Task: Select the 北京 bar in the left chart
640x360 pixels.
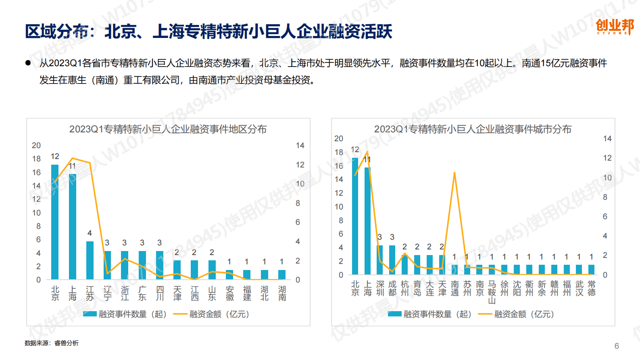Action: [x=55, y=222]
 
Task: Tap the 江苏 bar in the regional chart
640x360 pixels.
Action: [x=90, y=260]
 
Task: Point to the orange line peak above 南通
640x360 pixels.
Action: [x=454, y=173]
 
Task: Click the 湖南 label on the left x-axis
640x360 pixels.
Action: [x=282, y=293]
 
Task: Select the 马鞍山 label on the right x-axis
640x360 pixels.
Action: [x=492, y=292]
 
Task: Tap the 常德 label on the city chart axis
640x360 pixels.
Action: [x=592, y=289]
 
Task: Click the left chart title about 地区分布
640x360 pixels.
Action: [x=168, y=129]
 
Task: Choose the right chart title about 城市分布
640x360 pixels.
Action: [x=473, y=129]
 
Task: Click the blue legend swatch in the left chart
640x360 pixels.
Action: [x=90, y=314]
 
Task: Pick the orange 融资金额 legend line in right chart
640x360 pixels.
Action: [x=485, y=314]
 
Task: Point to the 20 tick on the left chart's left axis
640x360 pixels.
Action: [x=36, y=145]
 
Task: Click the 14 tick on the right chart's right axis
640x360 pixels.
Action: [x=607, y=139]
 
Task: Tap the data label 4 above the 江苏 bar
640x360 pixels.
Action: [x=90, y=233]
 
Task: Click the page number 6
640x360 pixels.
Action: [x=617, y=346]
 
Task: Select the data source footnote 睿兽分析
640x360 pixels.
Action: [x=67, y=343]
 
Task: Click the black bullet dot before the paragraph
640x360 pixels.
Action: [x=28, y=63]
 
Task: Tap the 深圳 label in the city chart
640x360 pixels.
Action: [x=380, y=289]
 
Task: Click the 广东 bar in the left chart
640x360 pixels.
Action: [x=142, y=265]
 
